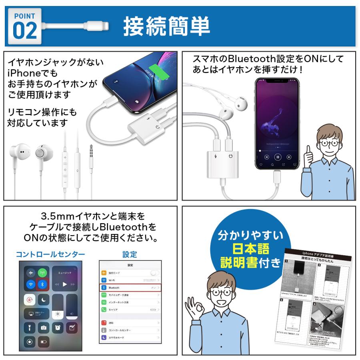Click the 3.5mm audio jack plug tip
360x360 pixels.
(92, 148)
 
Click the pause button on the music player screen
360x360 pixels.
(277, 157)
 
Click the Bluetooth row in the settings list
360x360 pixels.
(130, 288)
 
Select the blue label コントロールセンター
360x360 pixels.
(50, 254)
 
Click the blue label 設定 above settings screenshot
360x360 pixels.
(130, 254)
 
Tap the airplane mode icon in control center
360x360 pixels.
(31, 273)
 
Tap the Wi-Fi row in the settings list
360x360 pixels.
(130, 280)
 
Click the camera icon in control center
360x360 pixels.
(43, 328)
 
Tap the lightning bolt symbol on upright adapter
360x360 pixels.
(216, 156)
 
